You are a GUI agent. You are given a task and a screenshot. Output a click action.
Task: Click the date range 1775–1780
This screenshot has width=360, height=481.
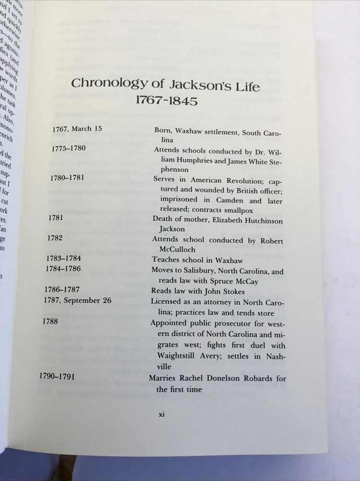[x=68, y=148]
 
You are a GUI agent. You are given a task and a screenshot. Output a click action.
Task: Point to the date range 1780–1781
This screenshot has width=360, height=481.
[x=67, y=177]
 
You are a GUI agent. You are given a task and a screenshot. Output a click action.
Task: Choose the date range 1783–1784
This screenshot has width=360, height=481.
[x=67, y=258]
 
